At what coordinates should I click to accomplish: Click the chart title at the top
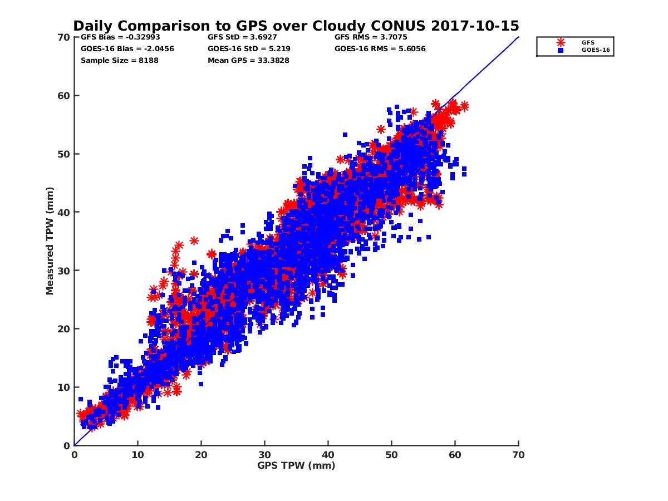tap(296, 26)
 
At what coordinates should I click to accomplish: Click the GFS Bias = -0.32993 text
tap(121, 37)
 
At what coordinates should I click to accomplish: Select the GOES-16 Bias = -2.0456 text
tap(127, 48)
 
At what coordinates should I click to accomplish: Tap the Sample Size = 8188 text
tap(120, 60)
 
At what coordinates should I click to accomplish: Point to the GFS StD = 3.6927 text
tap(242, 37)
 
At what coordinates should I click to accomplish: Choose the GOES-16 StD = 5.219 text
tap(249, 48)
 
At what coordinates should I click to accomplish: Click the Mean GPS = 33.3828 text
tap(248, 60)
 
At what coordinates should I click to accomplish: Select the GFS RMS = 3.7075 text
tap(367, 37)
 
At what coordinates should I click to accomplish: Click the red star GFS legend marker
tap(561, 42)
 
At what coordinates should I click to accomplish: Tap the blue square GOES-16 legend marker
tap(561, 50)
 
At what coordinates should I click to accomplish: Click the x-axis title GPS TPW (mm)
tap(296, 465)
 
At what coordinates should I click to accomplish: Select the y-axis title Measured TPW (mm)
tap(50, 241)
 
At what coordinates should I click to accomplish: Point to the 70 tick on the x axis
tap(518, 455)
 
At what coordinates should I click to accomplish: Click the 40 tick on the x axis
tap(328, 455)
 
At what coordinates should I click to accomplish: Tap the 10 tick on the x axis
tap(137, 455)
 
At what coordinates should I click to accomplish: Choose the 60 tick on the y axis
tap(63, 96)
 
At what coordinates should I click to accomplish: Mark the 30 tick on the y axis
tap(63, 271)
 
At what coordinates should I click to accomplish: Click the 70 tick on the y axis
tap(63, 37)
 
